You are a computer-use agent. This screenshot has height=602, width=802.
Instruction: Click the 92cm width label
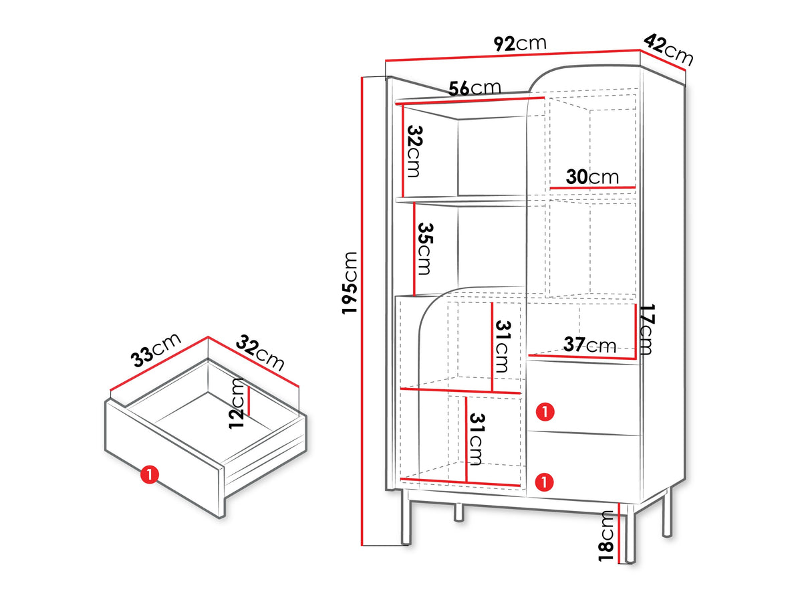[520, 43]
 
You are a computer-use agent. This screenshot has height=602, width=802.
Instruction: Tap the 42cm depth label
[668, 49]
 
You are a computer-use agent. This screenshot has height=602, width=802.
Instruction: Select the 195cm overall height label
[350, 282]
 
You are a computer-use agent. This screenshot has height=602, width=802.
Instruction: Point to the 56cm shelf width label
[475, 88]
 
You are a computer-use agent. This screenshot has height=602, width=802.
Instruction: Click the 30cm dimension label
[592, 177]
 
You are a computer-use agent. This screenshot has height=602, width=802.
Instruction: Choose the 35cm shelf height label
[424, 249]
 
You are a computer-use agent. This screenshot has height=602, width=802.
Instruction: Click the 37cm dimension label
[589, 344]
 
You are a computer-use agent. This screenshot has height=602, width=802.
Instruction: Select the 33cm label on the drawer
[156, 349]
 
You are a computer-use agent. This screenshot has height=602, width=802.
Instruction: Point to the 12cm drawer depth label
[236, 403]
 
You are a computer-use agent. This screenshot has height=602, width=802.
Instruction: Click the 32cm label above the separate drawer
[260, 353]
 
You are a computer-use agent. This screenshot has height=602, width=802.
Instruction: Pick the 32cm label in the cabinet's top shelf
[414, 151]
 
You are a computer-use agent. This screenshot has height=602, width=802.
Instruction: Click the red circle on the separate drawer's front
[150, 474]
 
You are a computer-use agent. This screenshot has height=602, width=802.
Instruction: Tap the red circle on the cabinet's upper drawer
[545, 412]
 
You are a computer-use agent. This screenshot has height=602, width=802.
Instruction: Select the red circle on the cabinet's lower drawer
[545, 482]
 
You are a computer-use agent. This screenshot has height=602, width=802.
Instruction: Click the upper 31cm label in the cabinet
[502, 346]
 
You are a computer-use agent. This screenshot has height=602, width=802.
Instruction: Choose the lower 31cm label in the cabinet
[476, 439]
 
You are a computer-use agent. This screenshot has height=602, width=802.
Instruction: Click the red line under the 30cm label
[592, 188]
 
